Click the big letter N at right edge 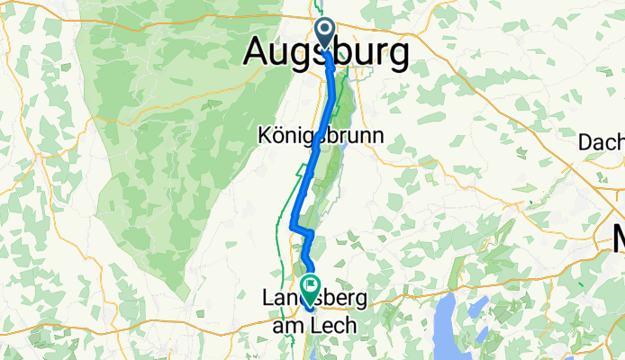pos(617,239)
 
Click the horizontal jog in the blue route pos(302,231)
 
